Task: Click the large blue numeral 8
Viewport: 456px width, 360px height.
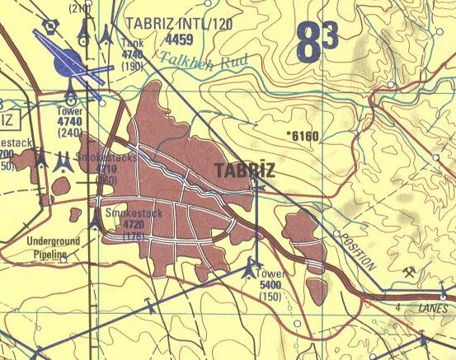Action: [307, 44]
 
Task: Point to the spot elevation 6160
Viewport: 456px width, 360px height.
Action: [303, 135]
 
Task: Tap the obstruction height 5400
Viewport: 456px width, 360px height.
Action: [270, 285]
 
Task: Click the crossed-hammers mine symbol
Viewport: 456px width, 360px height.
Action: [407, 272]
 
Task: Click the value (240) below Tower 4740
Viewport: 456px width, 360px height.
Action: [71, 132]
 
